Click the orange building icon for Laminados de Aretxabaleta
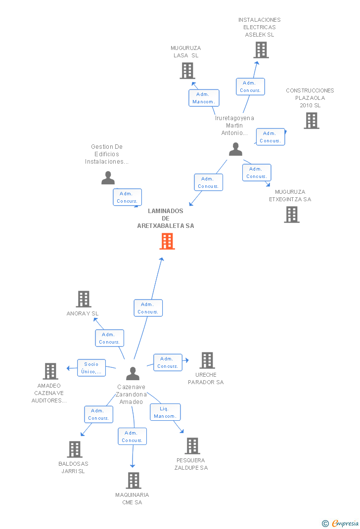[x=167, y=241]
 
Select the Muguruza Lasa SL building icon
[x=187, y=71]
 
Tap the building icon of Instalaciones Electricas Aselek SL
[x=261, y=50]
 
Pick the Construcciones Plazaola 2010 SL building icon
[x=311, y=121]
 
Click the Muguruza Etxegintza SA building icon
[x=292, y=215]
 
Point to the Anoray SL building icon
[x=84, y=299]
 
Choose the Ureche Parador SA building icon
[x=207, y=360]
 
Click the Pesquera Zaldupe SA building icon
[x=192, y=446]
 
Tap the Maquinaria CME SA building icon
[x=133, y=481]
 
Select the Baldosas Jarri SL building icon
[x=75, y=449]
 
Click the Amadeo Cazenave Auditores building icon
[x=50, y=371]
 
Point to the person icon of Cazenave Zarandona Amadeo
[x=133, y=373]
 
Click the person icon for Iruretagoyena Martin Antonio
[x=236, y=149]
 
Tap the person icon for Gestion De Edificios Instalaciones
[x=108, y=177]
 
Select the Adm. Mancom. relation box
[x=204, y=98]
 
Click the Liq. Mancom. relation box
[x=165, y=412]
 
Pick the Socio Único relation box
[x=91, y=368]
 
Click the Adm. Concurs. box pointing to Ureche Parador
[x=168, y=362]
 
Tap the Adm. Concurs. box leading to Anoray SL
[x=109, y=338]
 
